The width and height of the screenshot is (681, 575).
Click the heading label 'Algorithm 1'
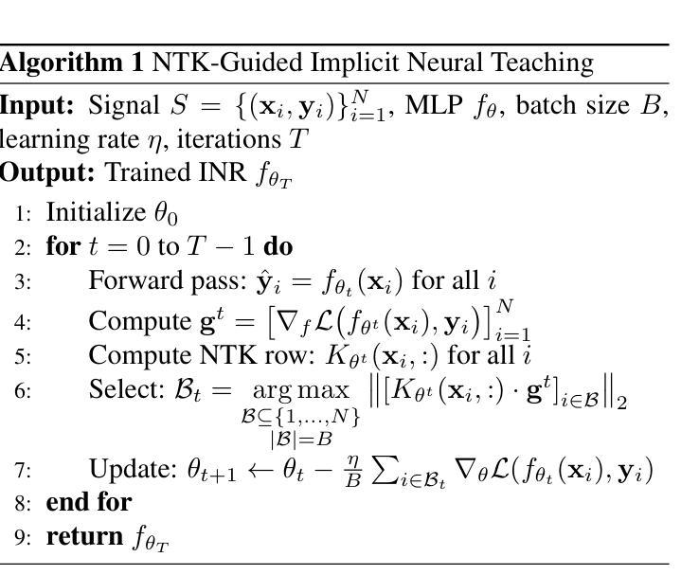71,63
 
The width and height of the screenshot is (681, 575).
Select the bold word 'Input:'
39,105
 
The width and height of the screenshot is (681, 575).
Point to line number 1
22,213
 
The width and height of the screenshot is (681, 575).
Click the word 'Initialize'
90,211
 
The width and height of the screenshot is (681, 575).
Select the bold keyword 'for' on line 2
63,247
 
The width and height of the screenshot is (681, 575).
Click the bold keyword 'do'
278,247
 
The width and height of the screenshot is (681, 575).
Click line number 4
22,323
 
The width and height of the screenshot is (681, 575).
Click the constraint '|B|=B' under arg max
299,439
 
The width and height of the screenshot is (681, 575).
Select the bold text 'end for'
88,502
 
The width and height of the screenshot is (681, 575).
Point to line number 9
22,538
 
